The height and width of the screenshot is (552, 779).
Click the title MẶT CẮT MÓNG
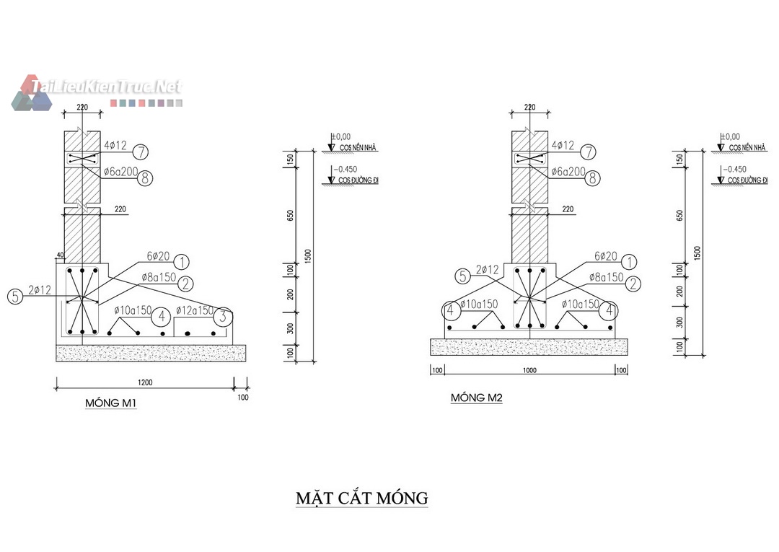tap(362, 499)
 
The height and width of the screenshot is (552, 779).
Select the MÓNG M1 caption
tap(111, 403)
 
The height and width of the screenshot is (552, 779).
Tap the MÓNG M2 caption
tap(476, 398)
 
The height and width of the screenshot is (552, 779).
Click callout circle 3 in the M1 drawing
tap(224, 316)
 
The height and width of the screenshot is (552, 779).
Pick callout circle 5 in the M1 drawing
tap(14, 296)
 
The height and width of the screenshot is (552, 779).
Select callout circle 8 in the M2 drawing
tap(592, 178)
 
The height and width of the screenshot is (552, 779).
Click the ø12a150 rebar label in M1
tap(195, 310)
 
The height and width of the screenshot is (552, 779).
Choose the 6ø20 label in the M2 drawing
tap(606, 256)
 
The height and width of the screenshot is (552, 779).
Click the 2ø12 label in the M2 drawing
tap(488, 270)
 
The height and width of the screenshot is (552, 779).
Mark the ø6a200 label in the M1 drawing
tap(120, 171)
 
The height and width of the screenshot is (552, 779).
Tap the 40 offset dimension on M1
tap(59, 255)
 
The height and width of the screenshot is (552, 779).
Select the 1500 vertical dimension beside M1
tap(308, 254)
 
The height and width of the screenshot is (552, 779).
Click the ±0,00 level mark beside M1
tap(340, 136)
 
